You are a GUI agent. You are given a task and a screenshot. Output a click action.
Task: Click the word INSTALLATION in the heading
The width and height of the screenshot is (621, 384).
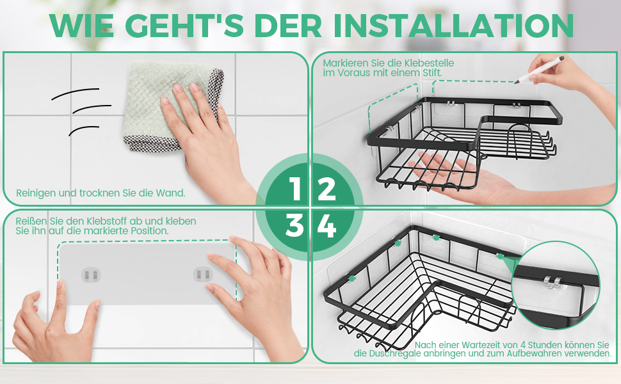click(x=453, y=26)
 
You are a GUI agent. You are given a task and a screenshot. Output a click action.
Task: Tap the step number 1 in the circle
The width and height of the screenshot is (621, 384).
click(x=295, y=188)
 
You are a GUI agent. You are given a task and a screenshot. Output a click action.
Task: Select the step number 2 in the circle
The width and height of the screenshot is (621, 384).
click(x=327, y=188)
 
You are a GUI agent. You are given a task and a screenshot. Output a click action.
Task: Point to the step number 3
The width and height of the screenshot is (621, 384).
click(x=294, y=225)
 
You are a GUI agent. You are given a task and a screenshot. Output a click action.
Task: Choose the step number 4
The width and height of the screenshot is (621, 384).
click(x=327, y=226)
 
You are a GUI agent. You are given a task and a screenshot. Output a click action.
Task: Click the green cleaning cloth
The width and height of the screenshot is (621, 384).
click(x=170, y=105)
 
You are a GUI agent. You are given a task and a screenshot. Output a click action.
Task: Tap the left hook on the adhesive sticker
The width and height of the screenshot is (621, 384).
click(x=91, y=275)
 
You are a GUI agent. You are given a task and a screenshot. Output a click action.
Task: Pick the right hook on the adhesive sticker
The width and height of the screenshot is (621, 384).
click(x=203, y=274)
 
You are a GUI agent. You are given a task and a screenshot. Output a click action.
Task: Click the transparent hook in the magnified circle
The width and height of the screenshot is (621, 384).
click(x=552, y=282)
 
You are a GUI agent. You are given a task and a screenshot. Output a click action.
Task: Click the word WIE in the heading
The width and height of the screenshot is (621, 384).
click(x=82, y=26)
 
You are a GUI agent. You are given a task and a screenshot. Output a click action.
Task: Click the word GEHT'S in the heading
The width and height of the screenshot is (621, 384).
click(x=187, y=26)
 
